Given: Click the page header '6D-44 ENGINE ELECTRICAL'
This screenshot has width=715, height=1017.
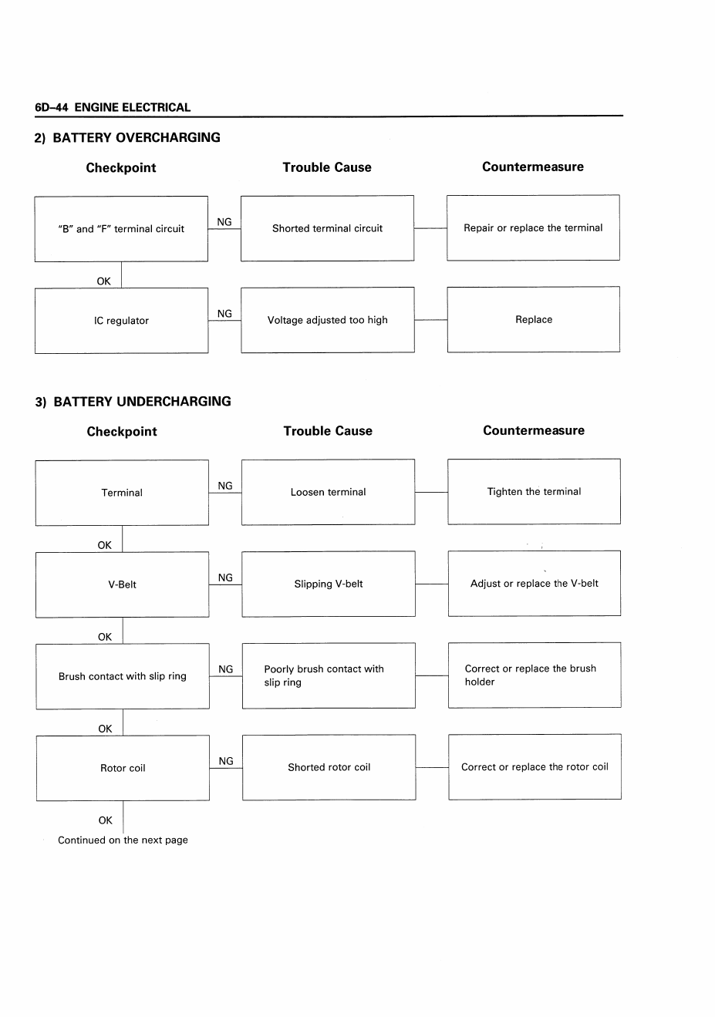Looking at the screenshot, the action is pos(113,107).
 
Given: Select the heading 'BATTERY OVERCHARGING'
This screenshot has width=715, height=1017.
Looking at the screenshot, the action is pos(137,137).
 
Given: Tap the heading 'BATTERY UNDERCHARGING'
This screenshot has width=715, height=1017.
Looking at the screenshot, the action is pos(142,402).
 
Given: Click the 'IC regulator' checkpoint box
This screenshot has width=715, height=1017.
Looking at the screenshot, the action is pos(122,321).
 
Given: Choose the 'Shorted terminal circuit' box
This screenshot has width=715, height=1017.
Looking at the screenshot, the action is pos(327,228).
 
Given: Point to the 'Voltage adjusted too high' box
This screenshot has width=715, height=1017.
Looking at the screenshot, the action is pos(328,320).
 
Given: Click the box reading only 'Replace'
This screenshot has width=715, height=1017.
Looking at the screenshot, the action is pos(534,319).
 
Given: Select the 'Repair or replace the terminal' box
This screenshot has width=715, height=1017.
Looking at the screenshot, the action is pos(533,228).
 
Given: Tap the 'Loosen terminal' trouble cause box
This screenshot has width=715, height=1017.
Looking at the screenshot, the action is pos(328,492).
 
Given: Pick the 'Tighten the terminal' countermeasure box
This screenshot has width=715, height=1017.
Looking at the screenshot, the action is pos(535,492).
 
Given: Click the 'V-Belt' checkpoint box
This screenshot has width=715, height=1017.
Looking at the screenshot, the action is pos(122,584).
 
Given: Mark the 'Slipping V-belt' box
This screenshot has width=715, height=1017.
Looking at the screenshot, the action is pos(329,584).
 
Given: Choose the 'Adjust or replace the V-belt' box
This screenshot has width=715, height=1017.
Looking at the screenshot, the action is pos(535,584).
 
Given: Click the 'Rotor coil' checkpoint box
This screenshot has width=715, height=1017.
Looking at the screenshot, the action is pos(123,768).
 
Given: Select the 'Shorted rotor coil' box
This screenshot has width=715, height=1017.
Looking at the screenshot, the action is pos(329,767).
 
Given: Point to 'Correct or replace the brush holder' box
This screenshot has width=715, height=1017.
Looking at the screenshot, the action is pos(535,675).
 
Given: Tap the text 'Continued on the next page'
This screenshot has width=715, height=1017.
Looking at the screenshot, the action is pos(123,840).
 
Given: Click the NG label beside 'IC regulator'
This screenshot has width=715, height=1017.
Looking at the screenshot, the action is pos(224,314).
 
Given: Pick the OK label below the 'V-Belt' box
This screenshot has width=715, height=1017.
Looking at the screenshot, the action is pos(104,637).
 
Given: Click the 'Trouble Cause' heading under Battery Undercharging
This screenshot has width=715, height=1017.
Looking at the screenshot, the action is pos(328,431).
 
